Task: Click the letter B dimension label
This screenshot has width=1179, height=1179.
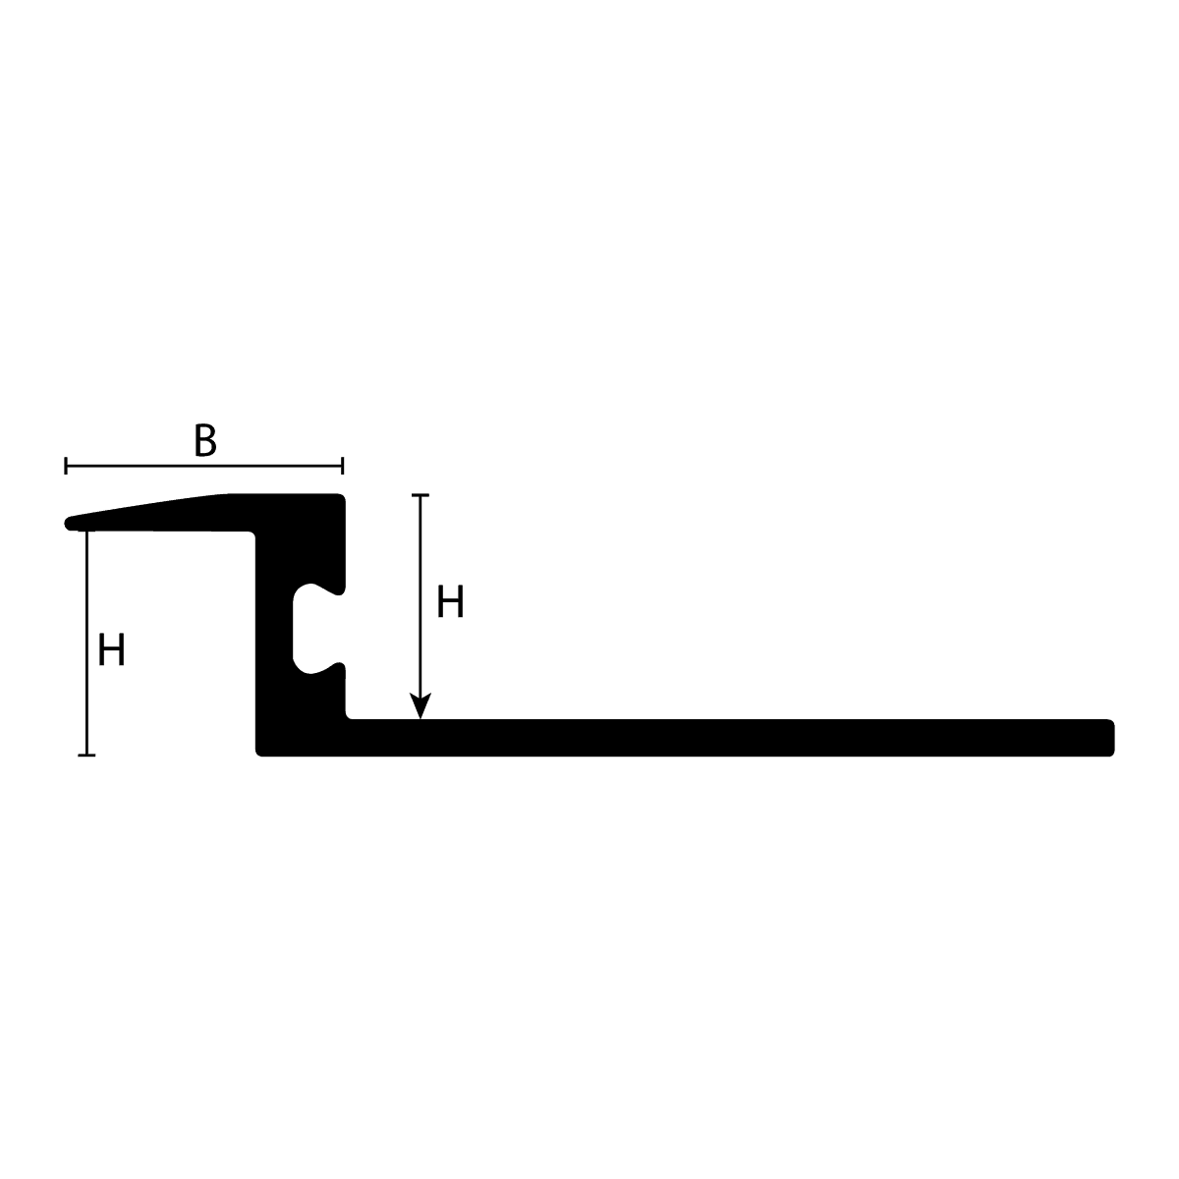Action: click(x=204, y=441)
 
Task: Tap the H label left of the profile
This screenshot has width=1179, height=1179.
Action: click(x=111, y=651)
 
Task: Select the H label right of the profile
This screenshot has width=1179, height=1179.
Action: click(x=450, y=602)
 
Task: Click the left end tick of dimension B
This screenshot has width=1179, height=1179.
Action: click(x=66, y=466)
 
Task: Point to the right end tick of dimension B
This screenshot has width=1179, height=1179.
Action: click(x=342, y=466)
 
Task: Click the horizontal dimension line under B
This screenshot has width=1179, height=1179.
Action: click(x=204, y=466)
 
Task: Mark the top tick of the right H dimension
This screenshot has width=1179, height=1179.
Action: click(x=421, y=495)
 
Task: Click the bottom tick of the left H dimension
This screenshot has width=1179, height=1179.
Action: click(x=86, y=755)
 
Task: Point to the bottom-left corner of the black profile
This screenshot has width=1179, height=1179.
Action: click(x=259, y=753)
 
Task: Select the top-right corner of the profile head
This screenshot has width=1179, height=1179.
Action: click(x=343, y=497)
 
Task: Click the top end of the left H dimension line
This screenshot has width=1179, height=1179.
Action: click(x=86, y=531)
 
